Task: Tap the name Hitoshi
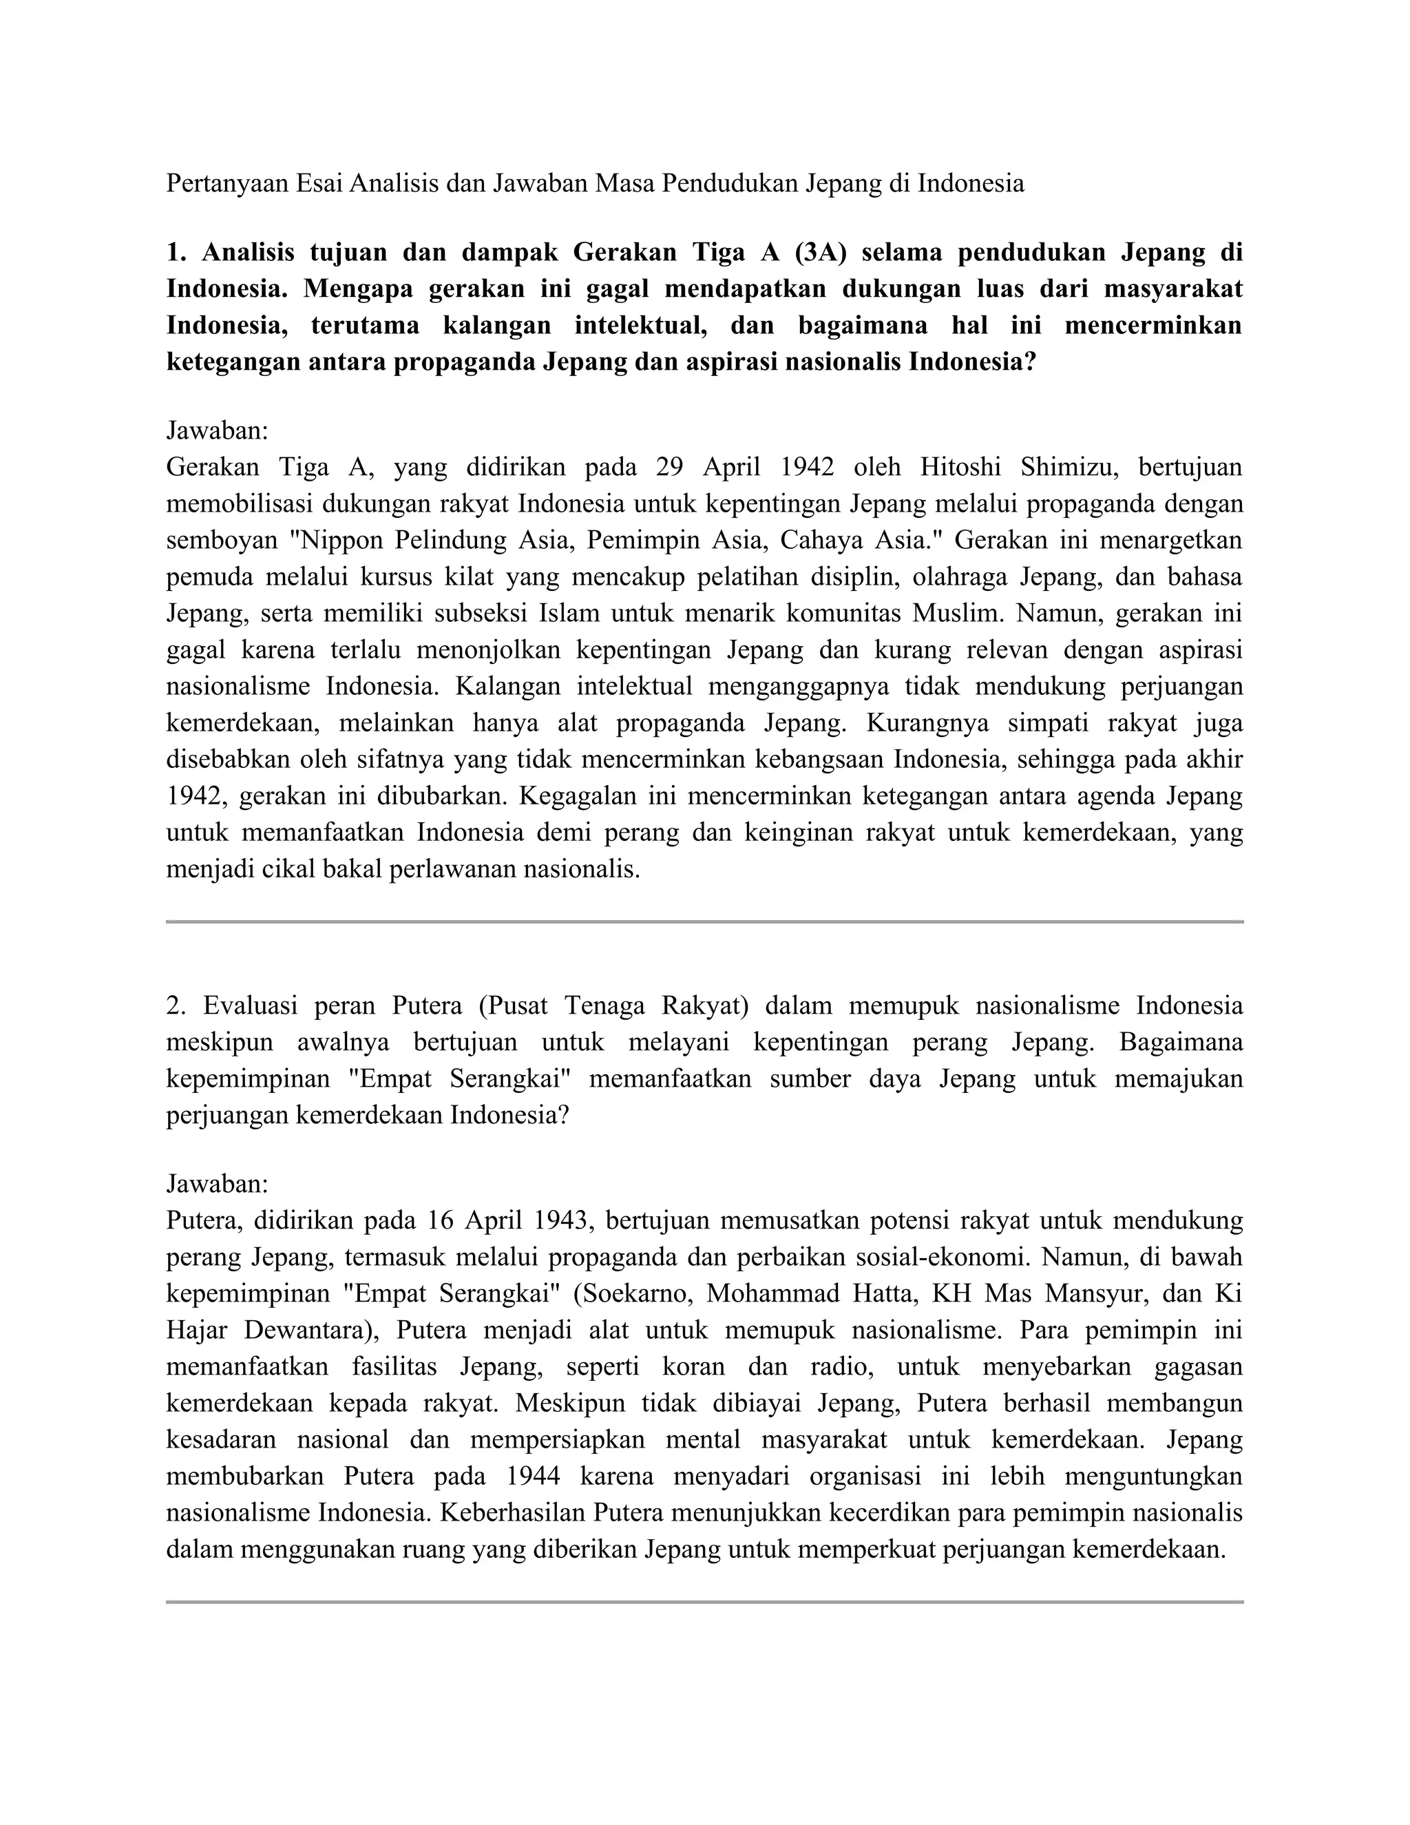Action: (960, 467)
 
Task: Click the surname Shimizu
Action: (1069, 467)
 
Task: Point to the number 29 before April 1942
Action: (670, 467)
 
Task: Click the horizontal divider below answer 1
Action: (704, 921)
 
